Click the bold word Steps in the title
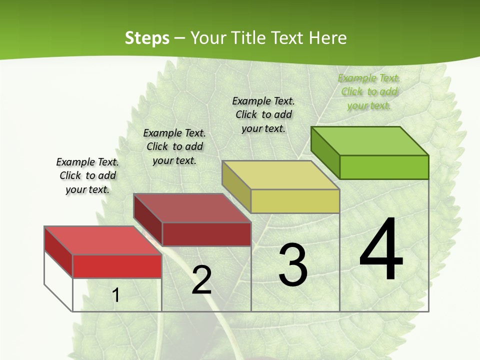pos(147,38)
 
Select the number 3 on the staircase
pos(292,265)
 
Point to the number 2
pos(201,280)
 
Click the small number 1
pos(116,295)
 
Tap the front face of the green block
pos(384,167)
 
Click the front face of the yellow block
pos(295,201)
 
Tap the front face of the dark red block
pos(206,234)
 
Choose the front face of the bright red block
pos(117,266)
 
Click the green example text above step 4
pos(369,92)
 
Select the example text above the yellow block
pos(263,114)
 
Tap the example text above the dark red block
pos(174,146)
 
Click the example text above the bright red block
pos(87,175)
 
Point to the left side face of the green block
pos(325,152)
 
